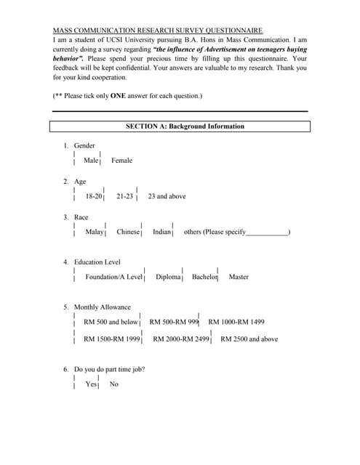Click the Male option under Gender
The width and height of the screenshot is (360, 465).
pyautogui.click(x=90, y=161)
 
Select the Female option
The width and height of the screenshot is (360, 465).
pyautogui.click(x=121, y=161)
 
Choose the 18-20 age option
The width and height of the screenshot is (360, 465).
pyautogui.click(x=94, y=196)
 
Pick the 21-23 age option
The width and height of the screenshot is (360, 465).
pyautogui.click(x=124, y=196)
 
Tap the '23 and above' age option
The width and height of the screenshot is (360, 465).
pyautogui.click(x=167, y=196)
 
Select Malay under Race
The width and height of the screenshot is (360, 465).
pyautogui.click(x=95, y=232)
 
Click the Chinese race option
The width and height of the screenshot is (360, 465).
pyautogui.click(x=128, y=232)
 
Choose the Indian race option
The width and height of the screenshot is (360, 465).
pyautogui.click(x=161, y=232)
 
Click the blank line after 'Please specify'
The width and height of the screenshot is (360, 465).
pyautogui.click(x=267, y=233)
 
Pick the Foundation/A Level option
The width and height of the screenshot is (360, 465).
pyautogui.click(x=114, y=277)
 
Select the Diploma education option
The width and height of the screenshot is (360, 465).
pyautogui.click(x=168, y=277)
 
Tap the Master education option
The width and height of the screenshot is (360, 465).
pyautogui.click(x=239, y=277)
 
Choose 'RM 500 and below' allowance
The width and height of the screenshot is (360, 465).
pyautogui.click(x=111, y=322)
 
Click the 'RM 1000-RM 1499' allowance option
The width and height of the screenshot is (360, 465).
pyautogui.click(x=236, y=322)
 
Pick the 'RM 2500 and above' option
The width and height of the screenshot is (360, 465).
pyautogui.click(x=249, y=339)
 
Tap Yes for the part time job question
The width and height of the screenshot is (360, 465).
pyautogui.click(x=91, y=384)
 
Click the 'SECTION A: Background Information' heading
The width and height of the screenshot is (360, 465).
pyautogui.click(x=185, y=126)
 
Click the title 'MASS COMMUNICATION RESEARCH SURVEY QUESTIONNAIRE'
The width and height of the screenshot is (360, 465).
pyautogui.click(x=158, y=31)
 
